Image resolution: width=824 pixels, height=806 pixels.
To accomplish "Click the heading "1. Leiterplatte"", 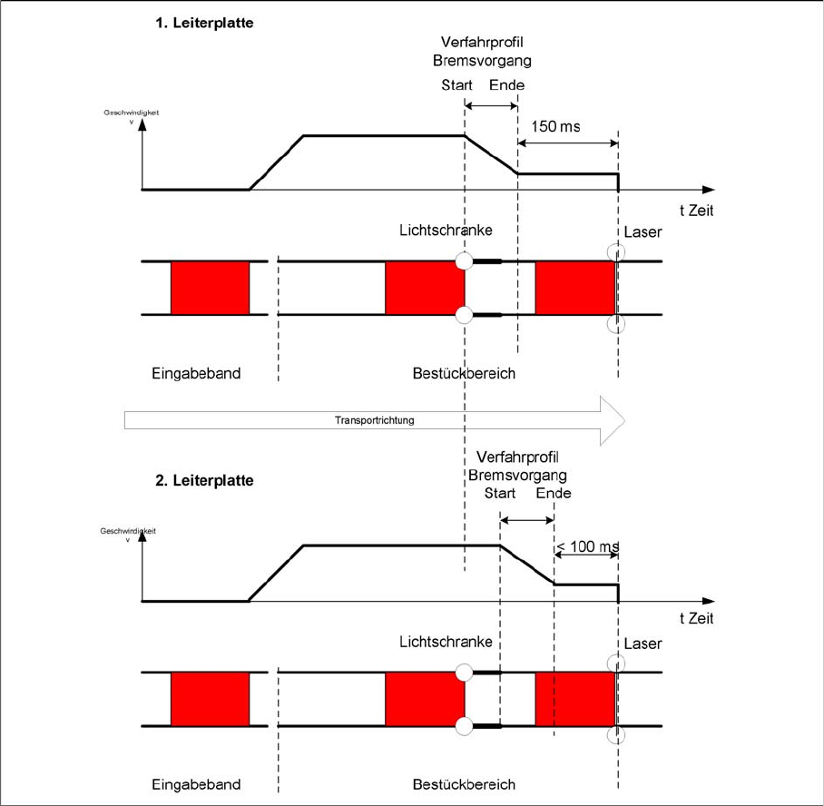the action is (204, 23).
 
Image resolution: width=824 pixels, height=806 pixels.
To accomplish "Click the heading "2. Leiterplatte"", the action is (204, 480).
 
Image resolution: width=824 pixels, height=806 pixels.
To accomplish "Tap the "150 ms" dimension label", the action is (555, 127).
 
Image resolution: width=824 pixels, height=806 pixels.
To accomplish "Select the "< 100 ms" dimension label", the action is (587, 546).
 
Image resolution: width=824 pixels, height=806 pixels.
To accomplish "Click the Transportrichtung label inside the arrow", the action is (374, 420).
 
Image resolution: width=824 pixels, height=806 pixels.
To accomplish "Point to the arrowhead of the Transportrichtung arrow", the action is (624, 420).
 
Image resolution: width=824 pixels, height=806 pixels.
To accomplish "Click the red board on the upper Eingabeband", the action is (210, 288).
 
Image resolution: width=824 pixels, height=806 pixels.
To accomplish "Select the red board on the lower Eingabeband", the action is (210, 699).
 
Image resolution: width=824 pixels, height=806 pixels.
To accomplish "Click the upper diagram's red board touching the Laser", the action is (575, 288).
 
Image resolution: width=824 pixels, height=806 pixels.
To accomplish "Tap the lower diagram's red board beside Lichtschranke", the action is (425, 699).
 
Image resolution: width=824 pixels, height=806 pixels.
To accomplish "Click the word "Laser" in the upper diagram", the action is (643, 231).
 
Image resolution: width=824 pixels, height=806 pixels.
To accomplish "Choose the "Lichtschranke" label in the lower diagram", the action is (446, 642).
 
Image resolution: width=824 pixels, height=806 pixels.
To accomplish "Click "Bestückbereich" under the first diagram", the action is (464, 373).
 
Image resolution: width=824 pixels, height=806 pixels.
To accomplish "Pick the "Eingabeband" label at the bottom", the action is (196, 784).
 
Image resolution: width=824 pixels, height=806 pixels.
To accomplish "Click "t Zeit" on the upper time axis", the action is (696, 211).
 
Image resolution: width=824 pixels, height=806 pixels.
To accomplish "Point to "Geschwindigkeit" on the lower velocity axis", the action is (128, 531).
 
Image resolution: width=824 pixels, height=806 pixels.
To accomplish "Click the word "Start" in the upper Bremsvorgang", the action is (456, 85).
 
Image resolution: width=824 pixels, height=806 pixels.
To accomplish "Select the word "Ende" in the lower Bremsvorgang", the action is (554, 493).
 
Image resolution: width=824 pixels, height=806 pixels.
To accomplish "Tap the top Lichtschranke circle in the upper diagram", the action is (464, 260).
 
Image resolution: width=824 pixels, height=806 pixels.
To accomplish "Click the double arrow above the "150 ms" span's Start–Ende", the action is (491, 106).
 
